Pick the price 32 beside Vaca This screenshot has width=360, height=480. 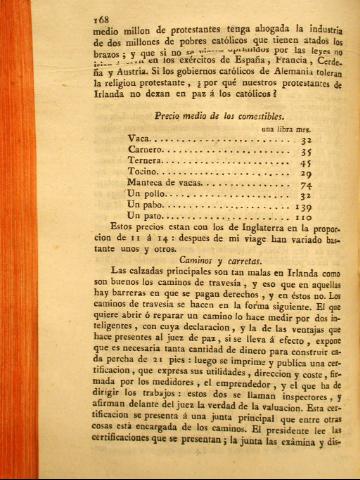pos(306,142)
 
